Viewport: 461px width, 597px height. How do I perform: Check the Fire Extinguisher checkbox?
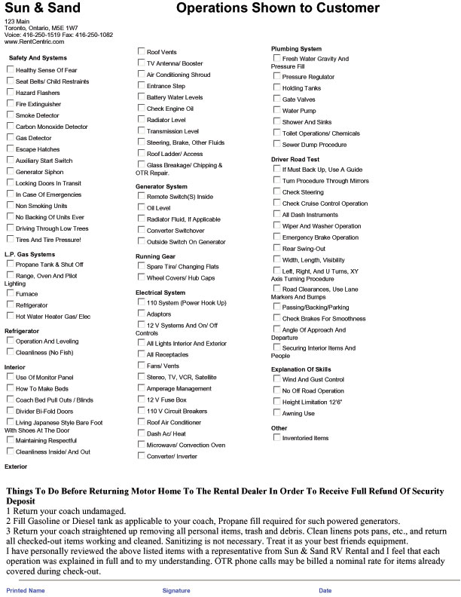11,103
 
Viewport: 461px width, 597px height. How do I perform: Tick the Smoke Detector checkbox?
11,115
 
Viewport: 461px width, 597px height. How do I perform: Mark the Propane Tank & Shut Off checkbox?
11,264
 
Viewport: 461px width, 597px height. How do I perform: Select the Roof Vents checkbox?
142,51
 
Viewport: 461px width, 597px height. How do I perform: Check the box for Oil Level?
142,207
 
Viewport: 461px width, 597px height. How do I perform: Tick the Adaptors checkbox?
142,313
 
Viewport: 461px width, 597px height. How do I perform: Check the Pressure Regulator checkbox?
277,76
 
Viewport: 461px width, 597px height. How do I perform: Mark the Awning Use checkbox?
277,413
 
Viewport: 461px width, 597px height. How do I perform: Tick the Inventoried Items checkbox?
277,437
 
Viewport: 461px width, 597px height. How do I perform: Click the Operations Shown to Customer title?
277,9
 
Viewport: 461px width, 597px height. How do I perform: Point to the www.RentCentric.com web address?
34,41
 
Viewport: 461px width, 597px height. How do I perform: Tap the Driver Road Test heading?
295,160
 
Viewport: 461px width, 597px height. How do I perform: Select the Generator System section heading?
161,186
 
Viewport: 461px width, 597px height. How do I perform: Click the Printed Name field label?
26,590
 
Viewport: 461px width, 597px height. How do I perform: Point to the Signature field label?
176,590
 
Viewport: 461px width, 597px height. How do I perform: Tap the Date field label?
325,590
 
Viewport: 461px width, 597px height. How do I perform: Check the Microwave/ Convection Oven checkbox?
142,445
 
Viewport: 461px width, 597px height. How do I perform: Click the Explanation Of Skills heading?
302,369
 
